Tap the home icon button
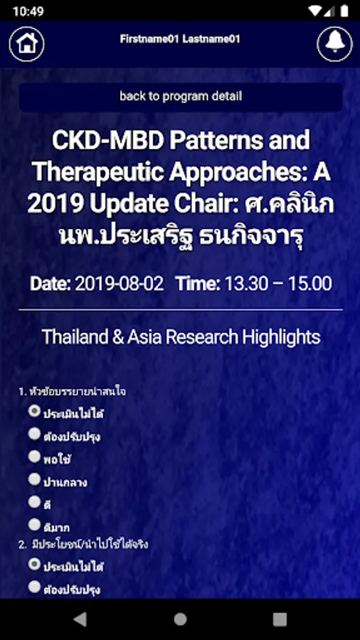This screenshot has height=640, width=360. [27, 43]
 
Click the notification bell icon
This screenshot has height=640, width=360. [334, 43]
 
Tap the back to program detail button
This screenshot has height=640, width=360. [181, 97]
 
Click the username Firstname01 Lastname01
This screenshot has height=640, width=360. [180, 39]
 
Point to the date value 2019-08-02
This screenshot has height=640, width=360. [120, 284]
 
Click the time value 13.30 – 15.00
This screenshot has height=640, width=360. [278, 284]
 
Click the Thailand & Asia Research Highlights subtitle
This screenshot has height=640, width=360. [181, 337]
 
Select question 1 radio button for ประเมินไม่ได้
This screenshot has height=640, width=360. [34, 411]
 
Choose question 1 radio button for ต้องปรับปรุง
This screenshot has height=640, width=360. [34, 434]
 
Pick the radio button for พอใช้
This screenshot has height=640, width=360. [34, 457]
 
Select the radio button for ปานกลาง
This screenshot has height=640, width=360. [34, 479]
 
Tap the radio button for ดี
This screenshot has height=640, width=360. [34, 502]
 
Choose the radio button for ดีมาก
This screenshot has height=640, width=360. [34, 525]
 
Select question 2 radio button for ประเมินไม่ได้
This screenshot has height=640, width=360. [34, 565]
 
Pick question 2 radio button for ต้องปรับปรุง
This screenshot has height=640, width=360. [34, 587]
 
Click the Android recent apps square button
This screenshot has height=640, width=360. [280, 619]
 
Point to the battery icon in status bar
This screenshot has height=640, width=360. [344, 11]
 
